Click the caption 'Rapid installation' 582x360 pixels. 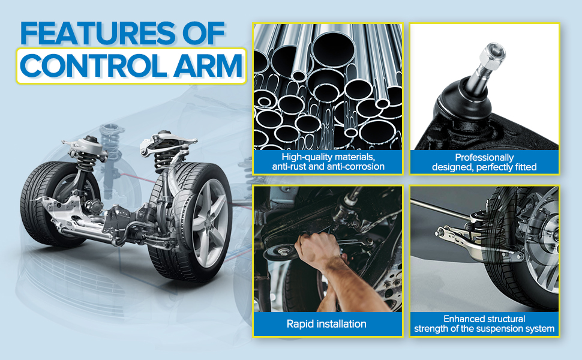coord(327,324)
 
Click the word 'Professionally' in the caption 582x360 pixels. coord(484,157)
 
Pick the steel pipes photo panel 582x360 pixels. coord(328,87)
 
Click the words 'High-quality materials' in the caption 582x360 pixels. coord(328,157)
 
